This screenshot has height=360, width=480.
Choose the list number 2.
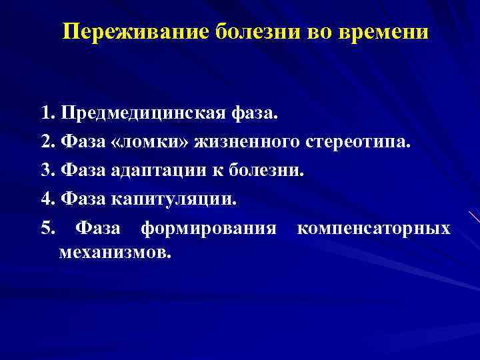coord(46,142)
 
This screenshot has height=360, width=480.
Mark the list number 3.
coord(46,170)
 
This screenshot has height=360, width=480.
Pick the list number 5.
coord(46,228)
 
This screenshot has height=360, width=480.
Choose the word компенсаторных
coord(373,229)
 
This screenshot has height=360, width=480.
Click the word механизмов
coord(115,253)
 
